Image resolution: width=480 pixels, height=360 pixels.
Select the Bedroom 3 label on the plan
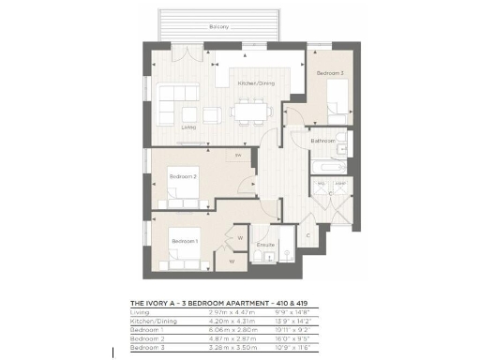coord(329,73)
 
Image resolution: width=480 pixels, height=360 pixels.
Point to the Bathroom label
coord(325,142)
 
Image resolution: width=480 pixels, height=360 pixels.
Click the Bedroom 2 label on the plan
coord(182,175)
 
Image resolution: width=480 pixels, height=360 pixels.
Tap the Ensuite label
coord(265,245)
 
